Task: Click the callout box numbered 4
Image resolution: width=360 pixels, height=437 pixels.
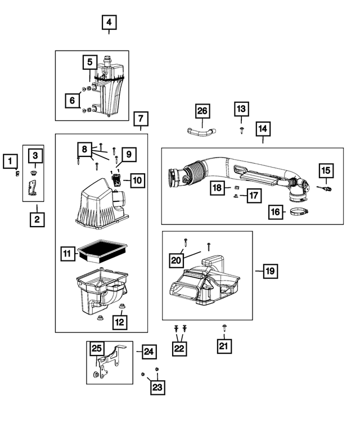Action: click(x=109, y=22)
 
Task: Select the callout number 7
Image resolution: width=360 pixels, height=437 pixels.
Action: click(x=141, y=119)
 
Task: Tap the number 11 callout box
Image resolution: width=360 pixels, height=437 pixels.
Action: click(x=67, y=255)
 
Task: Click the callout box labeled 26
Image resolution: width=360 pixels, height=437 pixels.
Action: click(x=202, y=111)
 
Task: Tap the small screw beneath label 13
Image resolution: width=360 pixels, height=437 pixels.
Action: click(x=241, y=129)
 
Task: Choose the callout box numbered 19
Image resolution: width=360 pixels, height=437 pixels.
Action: click(x=269, y=271)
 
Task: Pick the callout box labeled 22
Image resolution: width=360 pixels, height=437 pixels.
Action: click(x=179, y=348)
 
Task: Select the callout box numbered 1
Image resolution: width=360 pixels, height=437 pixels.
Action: click(x=9, y=161)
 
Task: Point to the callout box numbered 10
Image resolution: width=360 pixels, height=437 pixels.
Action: click(x=138, y=181)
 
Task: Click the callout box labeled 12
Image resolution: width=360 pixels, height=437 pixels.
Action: click(x=120, y=322)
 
